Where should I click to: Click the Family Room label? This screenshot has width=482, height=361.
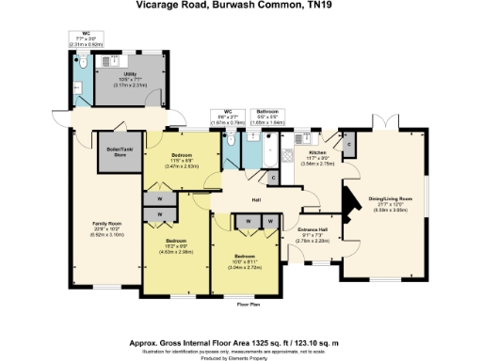coord(105,225)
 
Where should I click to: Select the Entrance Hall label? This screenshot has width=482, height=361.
coord(313,232)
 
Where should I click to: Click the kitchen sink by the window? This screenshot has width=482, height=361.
coord(312,137)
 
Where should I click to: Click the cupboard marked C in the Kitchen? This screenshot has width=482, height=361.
coord(347,144)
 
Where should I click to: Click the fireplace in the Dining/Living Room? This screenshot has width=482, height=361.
coord(347,201)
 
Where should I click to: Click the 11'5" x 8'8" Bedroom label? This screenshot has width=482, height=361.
coord(182,160)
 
